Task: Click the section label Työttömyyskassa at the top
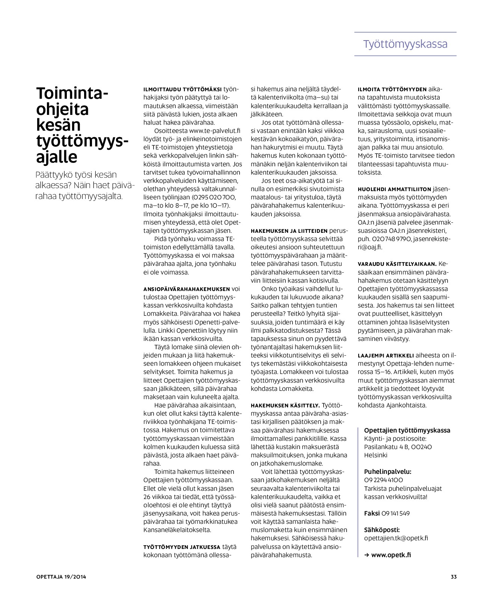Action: click(405, 44)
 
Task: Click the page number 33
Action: click(453, 577)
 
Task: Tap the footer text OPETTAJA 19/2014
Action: click(61, 577)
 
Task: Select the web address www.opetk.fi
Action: click(391, 555)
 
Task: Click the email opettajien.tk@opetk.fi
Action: click(396, 538)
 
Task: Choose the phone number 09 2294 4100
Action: click(383, 480)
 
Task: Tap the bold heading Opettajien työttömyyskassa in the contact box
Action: click(407, 430)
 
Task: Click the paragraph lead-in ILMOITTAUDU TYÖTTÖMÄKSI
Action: click(182, 89)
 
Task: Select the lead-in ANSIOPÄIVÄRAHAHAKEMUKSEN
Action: click(187, 289)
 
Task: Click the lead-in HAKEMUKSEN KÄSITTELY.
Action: click(285, 406)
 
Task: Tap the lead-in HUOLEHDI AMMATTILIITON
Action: click(394, 189)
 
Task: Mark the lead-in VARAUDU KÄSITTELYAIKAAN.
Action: click(397, 264)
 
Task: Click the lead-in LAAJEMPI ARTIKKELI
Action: click(386, 356)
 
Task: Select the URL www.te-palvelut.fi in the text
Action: click(214, 131)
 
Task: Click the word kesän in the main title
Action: click(58, 125)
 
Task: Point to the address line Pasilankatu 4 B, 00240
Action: click(398, 447)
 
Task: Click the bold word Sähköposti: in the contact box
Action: click(382, 530)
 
